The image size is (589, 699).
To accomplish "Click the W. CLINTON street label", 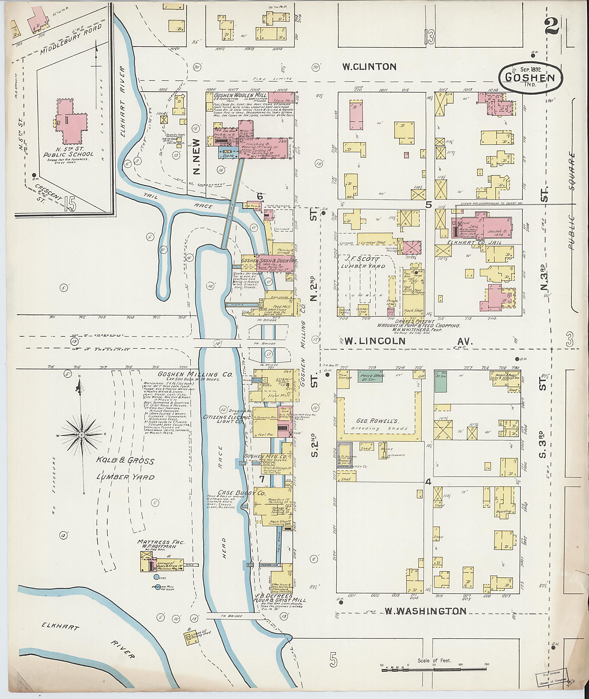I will coord(369,67).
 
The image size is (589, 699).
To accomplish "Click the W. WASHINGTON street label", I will coord(425,611).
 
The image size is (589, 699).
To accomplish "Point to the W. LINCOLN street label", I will coord(375,341).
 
